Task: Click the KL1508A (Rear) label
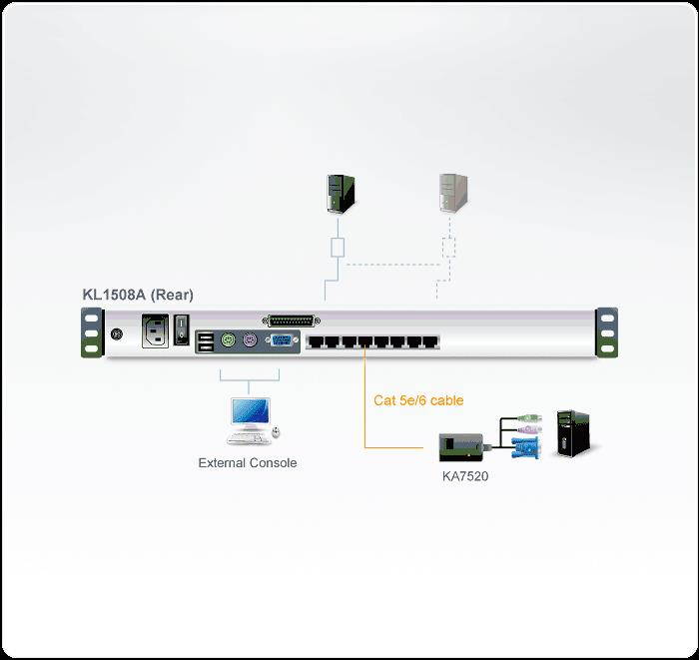pos(138,295)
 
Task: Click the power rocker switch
pos(182,330)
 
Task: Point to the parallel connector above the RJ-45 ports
pos(291,320)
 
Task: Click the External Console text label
pos(248,463)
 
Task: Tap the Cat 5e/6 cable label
pos(418,400)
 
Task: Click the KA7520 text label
pos(465,476)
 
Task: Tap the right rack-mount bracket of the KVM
pos(605,330)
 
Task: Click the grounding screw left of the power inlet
pos(119,335)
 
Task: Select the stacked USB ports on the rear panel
pos(205,341)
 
